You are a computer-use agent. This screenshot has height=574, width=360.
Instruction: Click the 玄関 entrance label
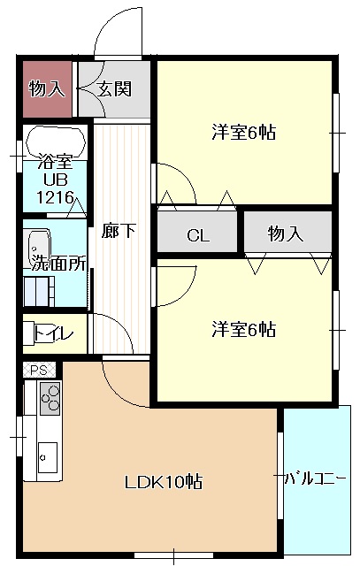click(115, 88)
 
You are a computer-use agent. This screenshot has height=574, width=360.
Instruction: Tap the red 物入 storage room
click(46, 88)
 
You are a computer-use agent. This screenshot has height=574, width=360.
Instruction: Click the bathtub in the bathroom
click(56, 142)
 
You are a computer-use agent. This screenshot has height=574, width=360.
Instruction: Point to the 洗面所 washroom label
click(59, 263)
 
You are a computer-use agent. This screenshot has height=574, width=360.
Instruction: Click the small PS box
click(38, 370)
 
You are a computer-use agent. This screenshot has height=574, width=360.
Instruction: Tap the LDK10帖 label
click(164, 482)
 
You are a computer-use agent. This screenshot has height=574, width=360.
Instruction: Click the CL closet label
click(197, 235)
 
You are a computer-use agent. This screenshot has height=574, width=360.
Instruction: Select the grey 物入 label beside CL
click(286, 233)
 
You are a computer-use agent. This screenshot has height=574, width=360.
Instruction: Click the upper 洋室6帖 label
click(243, 134)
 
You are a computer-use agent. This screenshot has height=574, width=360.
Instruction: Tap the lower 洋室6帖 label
click(243, 330)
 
